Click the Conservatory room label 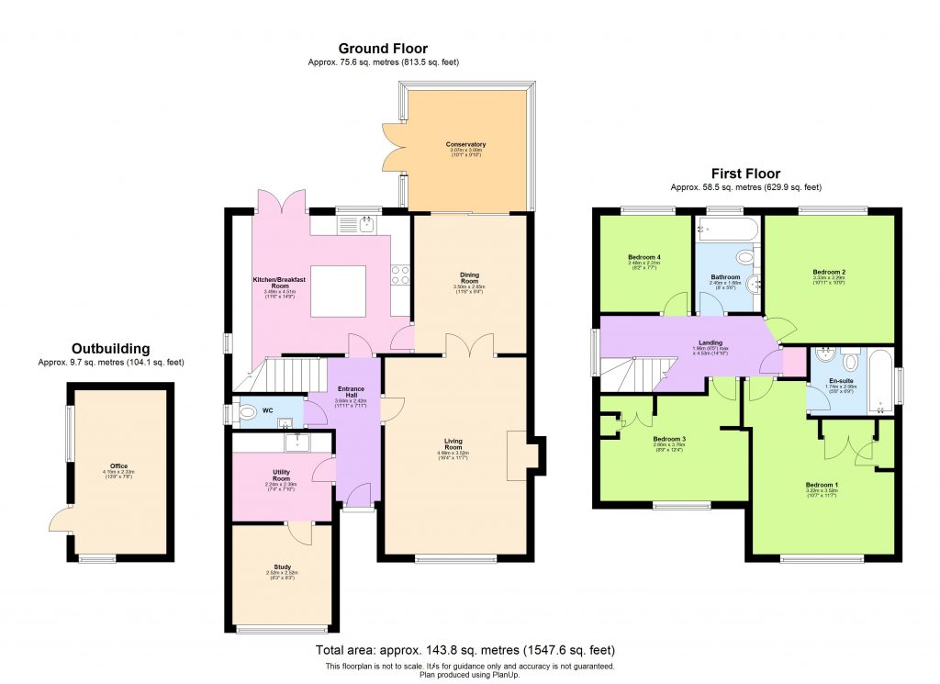(x=465, y=145)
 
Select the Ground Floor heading (x=383, y=49)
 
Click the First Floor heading (x=745, y=174)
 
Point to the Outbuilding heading (x=110, y=349)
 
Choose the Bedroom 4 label (x=643, y=257)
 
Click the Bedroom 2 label (x=829, y=273)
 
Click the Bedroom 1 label (x=822, y=485)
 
